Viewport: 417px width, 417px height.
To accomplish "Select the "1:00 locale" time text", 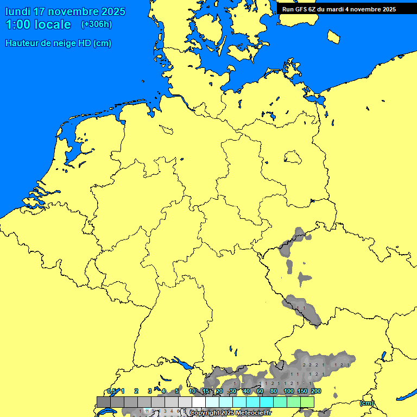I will pyautogui.click(x=38, y=24).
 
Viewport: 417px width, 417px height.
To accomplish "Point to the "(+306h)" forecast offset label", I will pyautogui.click(x=97, y=24).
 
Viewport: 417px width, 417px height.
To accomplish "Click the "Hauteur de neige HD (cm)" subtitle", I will pyautogui.click(x=58, y=43).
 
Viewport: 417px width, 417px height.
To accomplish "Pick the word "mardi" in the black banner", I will pyautogui.click(x=342, y=9).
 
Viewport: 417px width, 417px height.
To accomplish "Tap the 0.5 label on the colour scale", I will pyautogui.click(x=111, y=391).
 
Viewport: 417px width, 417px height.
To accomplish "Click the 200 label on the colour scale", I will pyautogui.click(x=315, y=391).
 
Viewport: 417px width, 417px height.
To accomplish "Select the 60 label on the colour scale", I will pyautogui.click(x=260, y=391).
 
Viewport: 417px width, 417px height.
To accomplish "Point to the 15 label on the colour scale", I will pyautogui.click(x=206, y=391).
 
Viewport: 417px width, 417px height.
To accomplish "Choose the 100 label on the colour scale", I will pyautogui.click(x=289, y=391).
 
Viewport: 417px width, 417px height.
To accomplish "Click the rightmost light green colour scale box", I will pyautogui.click(x=307, y=402).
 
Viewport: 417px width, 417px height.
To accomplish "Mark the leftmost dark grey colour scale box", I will pyautogui.click(x=104, y=402).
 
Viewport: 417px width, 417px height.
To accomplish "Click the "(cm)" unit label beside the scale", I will pyautogui.click(x=367, y=403).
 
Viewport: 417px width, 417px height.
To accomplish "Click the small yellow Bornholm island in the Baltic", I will pyautogui.click(x=334, y=36).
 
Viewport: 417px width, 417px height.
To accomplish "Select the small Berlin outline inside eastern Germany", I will pyautogui.click(x=293, y=157).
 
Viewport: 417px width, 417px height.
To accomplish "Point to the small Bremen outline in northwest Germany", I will pyautogui.click(x=167, y=129).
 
